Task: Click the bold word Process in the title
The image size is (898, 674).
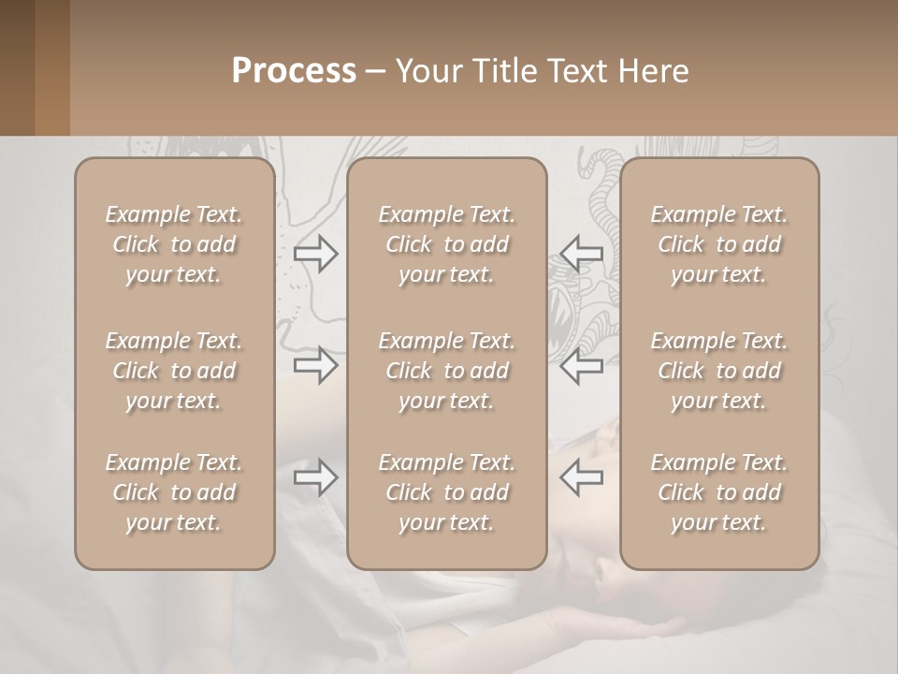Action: coord(294,71)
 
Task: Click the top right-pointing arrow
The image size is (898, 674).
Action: coord(316,254)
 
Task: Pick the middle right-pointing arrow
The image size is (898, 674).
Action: coord(316,365)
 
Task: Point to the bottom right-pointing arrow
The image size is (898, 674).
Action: coord(316,477)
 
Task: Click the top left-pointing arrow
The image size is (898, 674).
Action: coord(581,254)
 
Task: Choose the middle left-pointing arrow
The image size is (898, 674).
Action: coord(581,365)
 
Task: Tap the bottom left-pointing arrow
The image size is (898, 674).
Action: coord(581,477)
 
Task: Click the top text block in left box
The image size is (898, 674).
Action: coord(174,244)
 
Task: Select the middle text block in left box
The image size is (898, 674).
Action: coord(174,371)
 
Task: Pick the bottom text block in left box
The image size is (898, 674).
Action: coord(174,492)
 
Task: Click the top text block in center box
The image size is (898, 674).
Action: coord(447,244)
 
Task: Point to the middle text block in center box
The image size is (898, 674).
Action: coord(447,371)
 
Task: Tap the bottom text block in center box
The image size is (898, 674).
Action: coord(447,492)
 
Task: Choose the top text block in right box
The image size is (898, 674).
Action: coord(719,244)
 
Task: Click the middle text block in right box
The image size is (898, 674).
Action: coord(719,371)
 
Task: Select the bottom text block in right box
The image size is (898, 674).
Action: coord(719,492)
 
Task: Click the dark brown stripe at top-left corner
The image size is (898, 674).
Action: coord(17,67)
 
